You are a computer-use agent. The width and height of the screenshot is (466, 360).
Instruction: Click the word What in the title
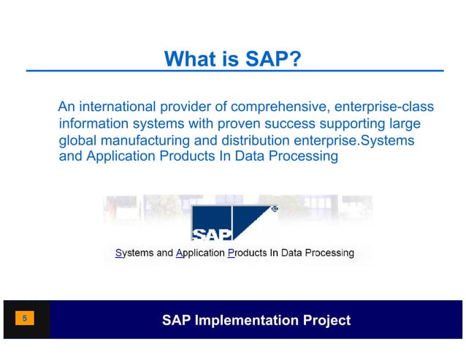tap(186, 58)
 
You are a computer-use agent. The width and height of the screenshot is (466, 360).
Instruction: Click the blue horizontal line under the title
tap(234, 71)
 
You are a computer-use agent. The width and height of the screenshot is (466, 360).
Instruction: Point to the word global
tap(77, 139)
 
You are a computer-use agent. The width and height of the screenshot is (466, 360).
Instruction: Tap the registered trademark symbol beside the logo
tap(275, 209)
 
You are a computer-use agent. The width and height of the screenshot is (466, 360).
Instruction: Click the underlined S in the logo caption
tap(118, 253)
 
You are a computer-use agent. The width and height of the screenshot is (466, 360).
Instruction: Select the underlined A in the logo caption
tap(180, 253)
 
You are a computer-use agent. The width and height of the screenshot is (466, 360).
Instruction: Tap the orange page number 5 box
tap(25, 318)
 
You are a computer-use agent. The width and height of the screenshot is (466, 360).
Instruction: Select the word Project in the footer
tap(326, 320)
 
